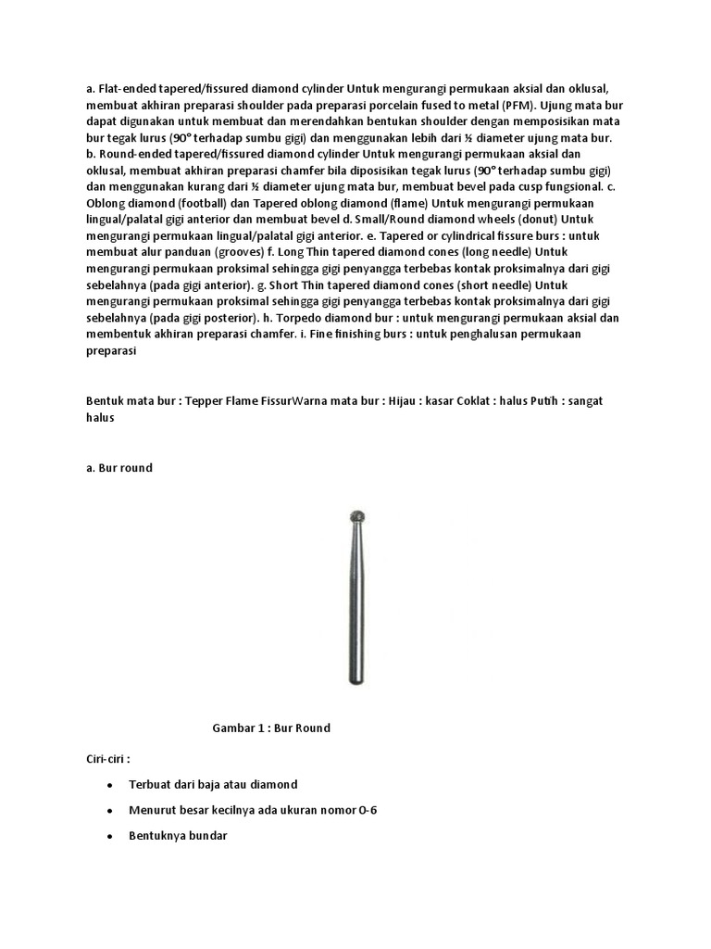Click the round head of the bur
(355, 517)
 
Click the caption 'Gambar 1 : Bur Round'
(271, 728)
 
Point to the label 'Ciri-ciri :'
(102, 758)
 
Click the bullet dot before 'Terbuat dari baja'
(109, 784)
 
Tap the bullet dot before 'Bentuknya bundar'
(109, 836)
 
